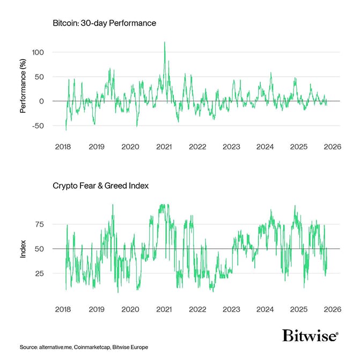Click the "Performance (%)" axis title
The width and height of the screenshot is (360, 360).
tap(23, 90)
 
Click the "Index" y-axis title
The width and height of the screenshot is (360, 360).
tap(23, 249)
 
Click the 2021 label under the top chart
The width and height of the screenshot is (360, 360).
tap(164, 146)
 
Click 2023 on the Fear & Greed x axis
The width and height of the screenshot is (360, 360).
tap(231, 309)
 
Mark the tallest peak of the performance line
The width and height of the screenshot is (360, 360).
tap(164, 42)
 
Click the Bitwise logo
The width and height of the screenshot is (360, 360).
tap(310, 336)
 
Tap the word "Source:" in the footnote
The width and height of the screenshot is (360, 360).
tap(29, 348)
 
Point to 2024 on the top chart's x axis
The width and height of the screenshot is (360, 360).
tap(265, 146)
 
